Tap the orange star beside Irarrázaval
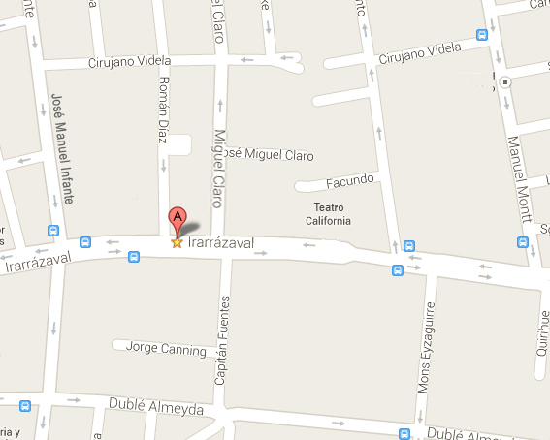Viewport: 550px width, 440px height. tap(177, 242)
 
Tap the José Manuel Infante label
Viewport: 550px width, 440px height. tap(60, 145)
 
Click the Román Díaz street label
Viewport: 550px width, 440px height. tap(164, 110)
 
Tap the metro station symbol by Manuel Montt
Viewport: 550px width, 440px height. tap(506, 81)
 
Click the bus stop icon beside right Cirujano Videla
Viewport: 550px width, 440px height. tap(481, 35)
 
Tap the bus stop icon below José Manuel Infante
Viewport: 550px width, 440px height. tap(53, 232)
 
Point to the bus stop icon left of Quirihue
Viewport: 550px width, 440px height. tap(524, 242)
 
